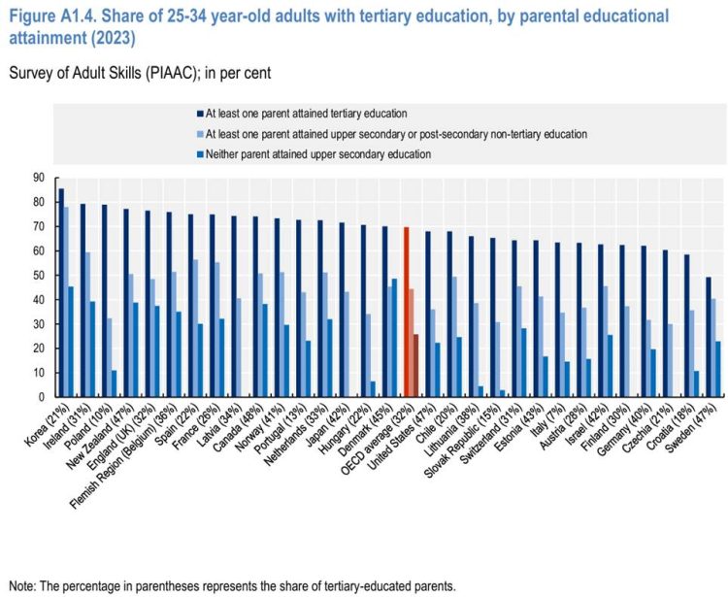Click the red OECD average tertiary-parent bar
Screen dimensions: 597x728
(405, 312)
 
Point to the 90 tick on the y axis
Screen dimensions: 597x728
(38, 178)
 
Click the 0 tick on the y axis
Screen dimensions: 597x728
(41, 397)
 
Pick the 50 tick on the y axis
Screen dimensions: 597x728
(38, 275)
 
